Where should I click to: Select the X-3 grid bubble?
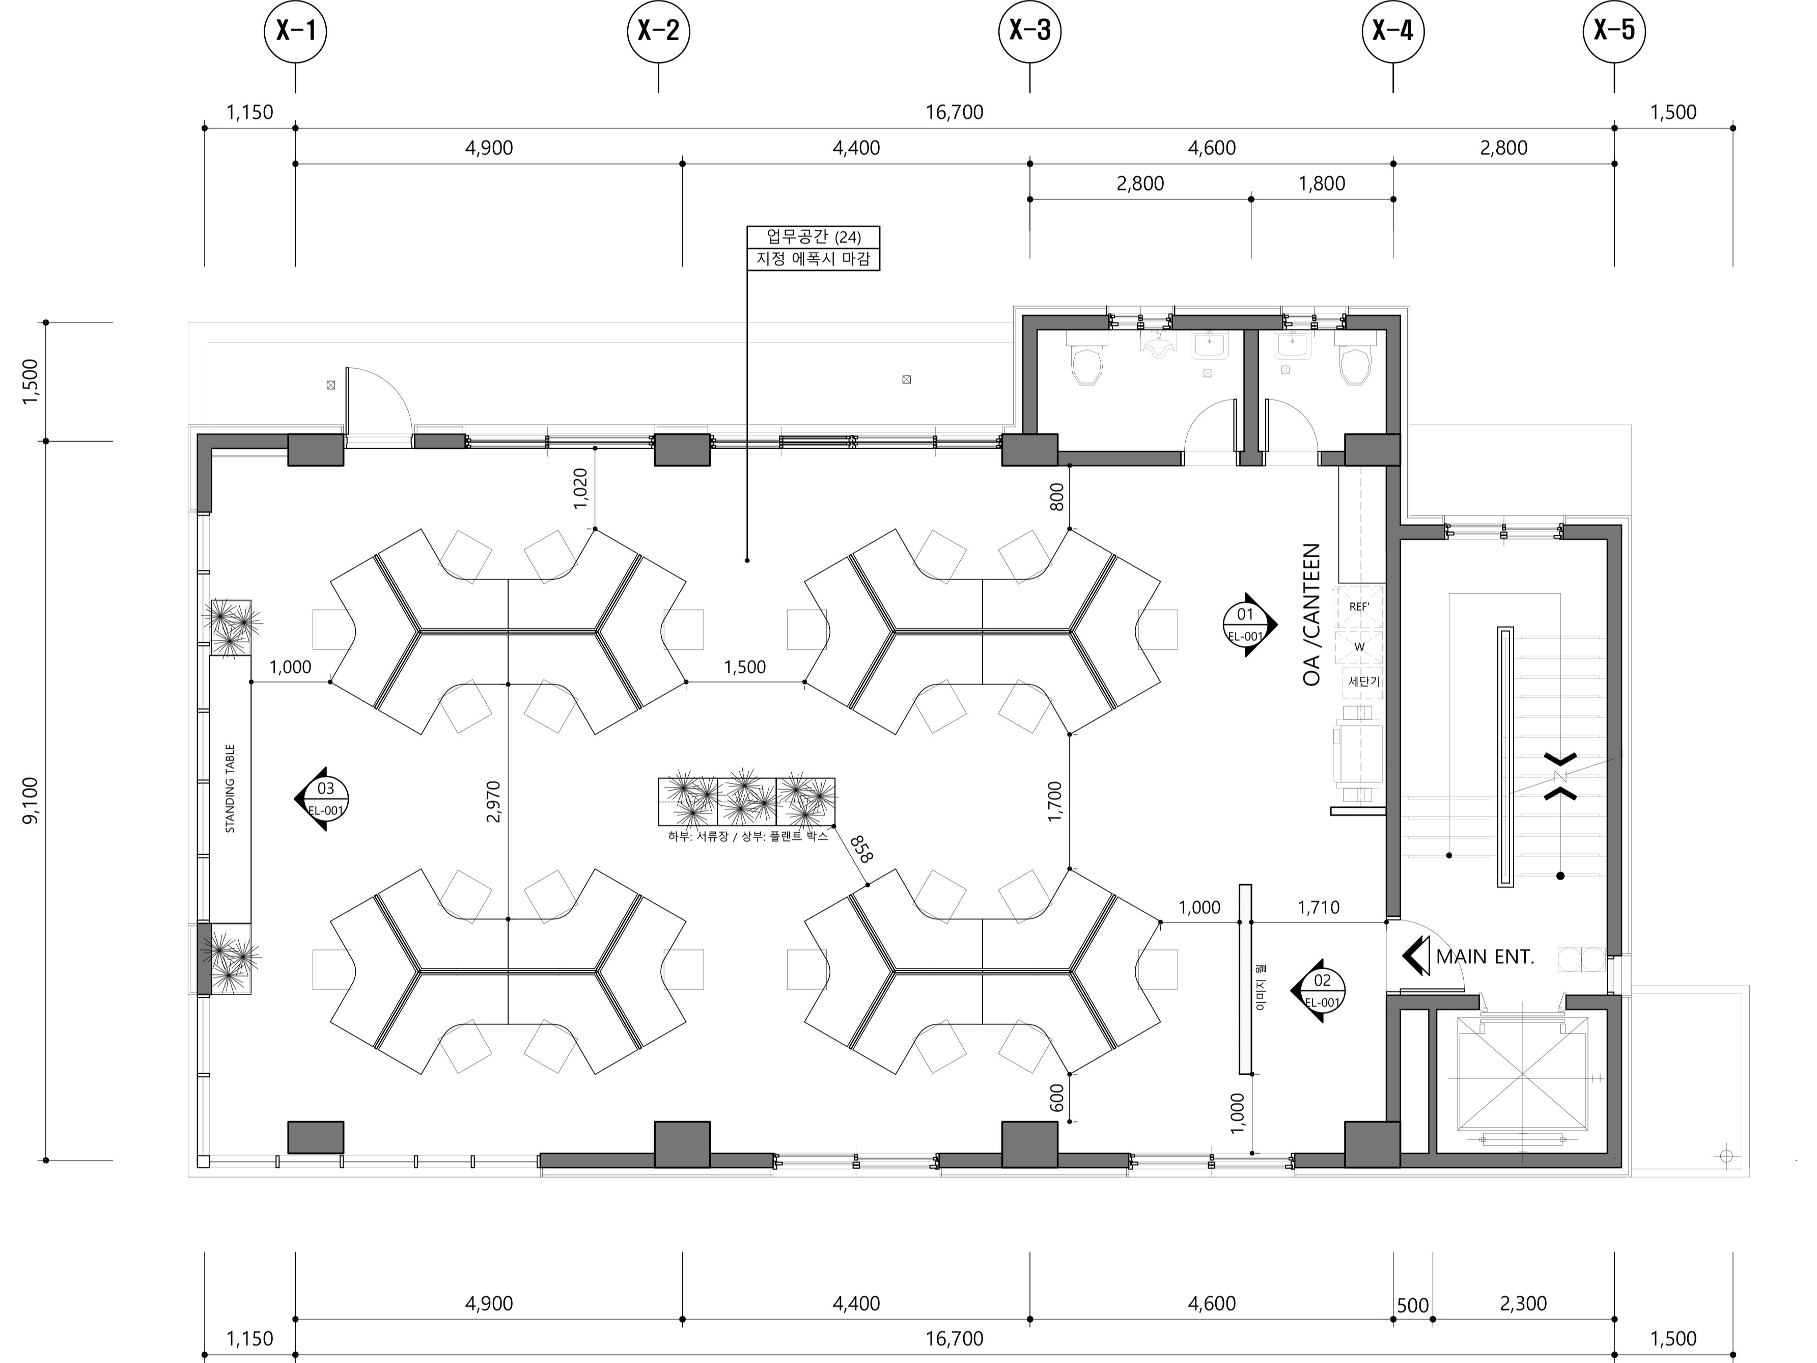[1030, 31]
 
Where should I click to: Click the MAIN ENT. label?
[1485, 957]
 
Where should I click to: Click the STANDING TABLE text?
[230, 788]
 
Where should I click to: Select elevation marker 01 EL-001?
[1248, 624]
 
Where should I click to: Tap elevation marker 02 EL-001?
[1319, 990]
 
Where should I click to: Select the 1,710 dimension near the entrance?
[1319, 907]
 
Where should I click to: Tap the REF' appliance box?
[1359, 607]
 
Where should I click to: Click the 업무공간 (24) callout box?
[813, 237]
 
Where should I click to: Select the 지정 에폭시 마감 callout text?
[813, 259]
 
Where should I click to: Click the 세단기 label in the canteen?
[1364, 682]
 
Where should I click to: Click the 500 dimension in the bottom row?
[1413, 1305]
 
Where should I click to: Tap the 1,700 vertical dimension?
[1055, 802]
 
